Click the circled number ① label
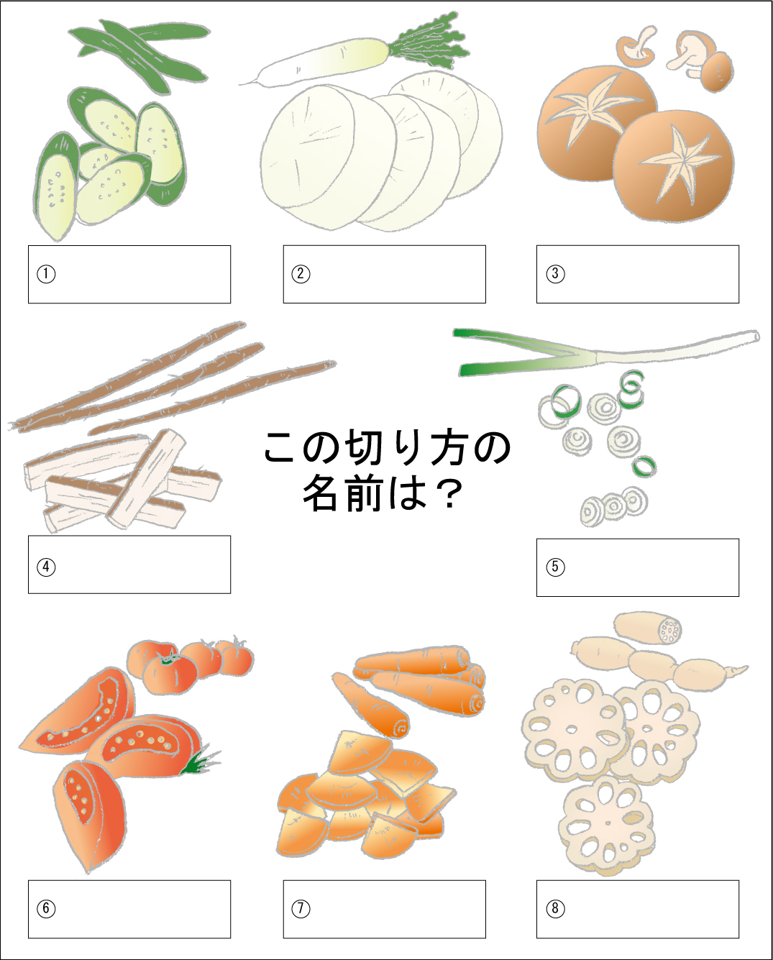click(46, 274)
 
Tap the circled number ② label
click(301, 274)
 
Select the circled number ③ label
click(555, 274)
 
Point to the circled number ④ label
click(46, 567)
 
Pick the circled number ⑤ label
click(555, 567)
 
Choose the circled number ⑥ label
click(46, 909)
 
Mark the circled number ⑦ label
click(301, 909)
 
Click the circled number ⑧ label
click(555, 909)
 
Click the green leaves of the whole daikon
click(428, 43)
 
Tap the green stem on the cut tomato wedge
click(201, 762)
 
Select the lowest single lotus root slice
click(607, 830)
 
